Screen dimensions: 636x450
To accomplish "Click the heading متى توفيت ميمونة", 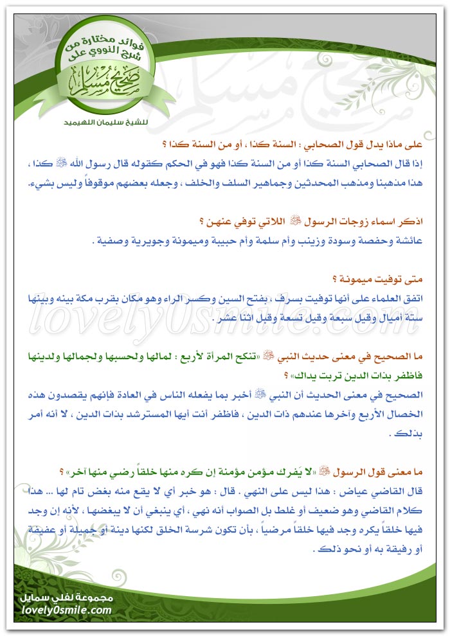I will coord(399,279).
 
